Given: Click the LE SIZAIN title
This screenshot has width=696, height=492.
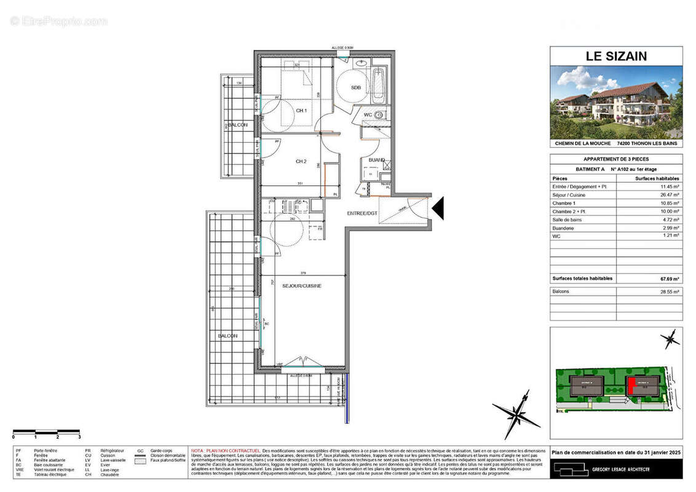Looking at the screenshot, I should (615, 57).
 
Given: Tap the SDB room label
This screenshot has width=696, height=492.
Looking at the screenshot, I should (356, 88).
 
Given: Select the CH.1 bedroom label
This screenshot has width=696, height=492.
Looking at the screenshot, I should (301, 111).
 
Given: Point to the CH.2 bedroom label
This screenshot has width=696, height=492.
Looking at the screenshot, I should (301, 162).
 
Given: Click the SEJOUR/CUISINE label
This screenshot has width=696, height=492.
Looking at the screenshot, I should (301, 286).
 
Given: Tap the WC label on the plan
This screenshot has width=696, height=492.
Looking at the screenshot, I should (368, 115).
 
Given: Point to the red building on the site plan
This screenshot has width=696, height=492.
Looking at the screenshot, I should (631, 386).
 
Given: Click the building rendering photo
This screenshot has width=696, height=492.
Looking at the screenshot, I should (615, 101).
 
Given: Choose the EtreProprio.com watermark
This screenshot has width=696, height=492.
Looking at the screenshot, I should (58, 22).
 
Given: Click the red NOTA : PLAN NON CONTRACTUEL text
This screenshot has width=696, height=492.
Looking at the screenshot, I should (226, 450).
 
